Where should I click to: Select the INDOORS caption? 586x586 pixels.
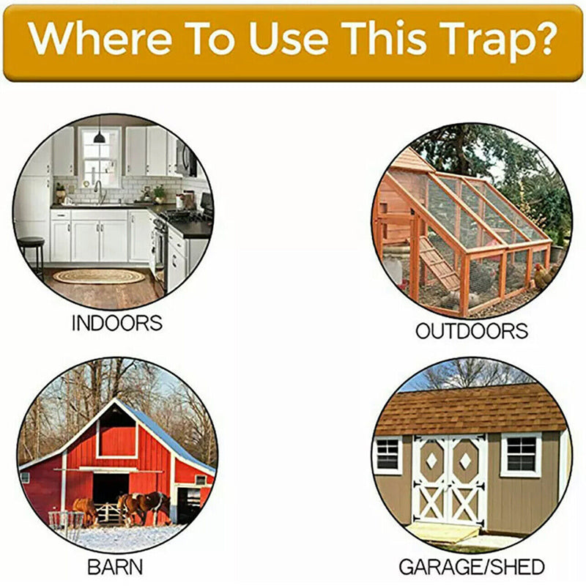[x=116, y=323]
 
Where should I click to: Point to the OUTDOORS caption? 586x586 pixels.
[x=471, y=331]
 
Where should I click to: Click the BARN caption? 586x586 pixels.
[x=115, y=566]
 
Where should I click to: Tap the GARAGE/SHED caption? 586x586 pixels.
[x=471, y=566]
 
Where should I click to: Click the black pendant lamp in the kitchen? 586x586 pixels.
[x=99, y=136]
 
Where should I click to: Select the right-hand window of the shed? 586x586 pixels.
[x=521, y=455]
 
